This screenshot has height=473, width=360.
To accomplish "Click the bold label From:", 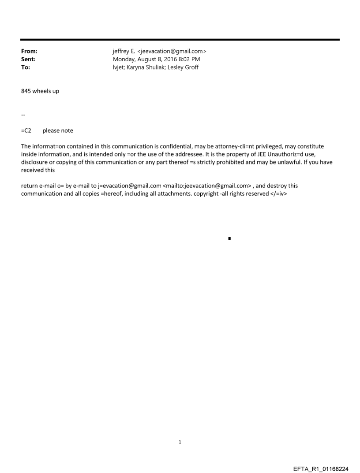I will (x=29, y=52).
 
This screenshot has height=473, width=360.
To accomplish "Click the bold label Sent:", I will (x=28, y=60).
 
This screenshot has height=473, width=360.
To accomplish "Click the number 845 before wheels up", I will (x=26, y=91).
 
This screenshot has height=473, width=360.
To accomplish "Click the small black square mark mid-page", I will (x=229, y=238).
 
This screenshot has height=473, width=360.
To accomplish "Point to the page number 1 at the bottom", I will (x=180, y=442).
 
